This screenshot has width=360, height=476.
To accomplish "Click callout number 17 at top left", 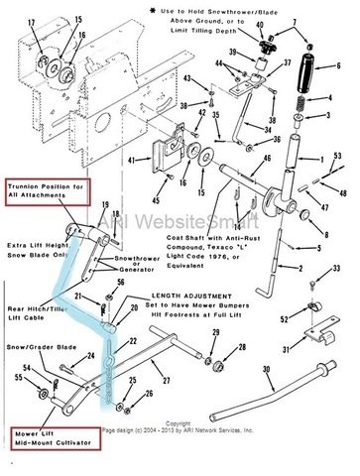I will (x=31, y=22).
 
